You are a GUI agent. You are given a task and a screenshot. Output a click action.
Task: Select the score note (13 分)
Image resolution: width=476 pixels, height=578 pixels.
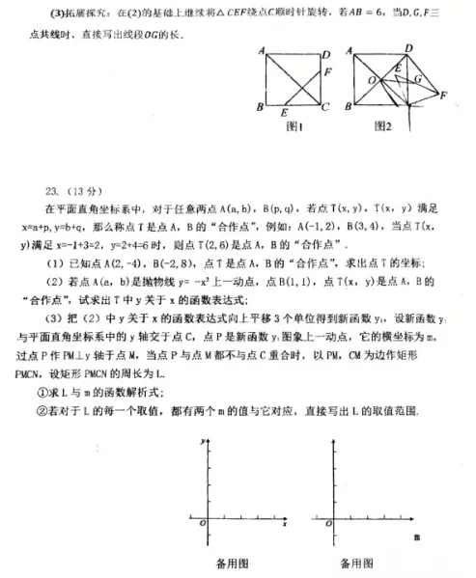[x=90, y=189]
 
